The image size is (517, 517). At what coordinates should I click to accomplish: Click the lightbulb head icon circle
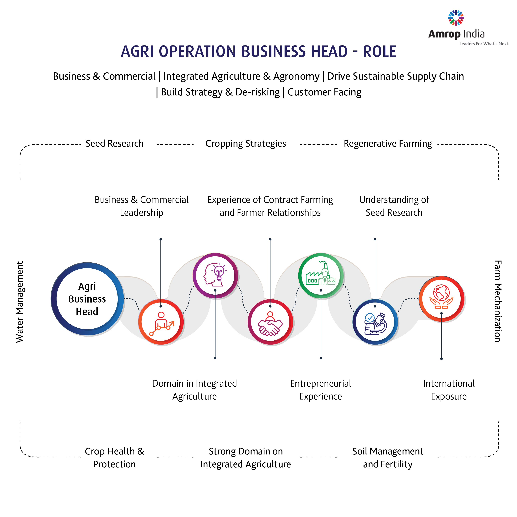coord(215,275)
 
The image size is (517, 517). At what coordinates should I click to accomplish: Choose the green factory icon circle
coord(321,275)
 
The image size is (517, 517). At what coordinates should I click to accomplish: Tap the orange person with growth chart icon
coord(161,322)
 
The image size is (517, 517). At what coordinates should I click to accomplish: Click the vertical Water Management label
coord(20,302)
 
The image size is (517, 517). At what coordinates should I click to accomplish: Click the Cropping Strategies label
coord(246,144)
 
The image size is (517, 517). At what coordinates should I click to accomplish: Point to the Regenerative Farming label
coord(388,144)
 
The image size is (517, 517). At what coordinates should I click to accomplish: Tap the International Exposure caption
coord(449,390)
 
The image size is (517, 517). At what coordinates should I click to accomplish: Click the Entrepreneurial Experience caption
coord(321,390)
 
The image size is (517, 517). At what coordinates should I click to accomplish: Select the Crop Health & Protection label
coord(115,458)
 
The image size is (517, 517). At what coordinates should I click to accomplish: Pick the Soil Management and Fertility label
coord(388,458)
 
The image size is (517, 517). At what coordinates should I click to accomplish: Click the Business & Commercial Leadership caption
coord(142,206)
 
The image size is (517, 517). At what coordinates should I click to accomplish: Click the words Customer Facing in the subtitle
coord(324,92)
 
